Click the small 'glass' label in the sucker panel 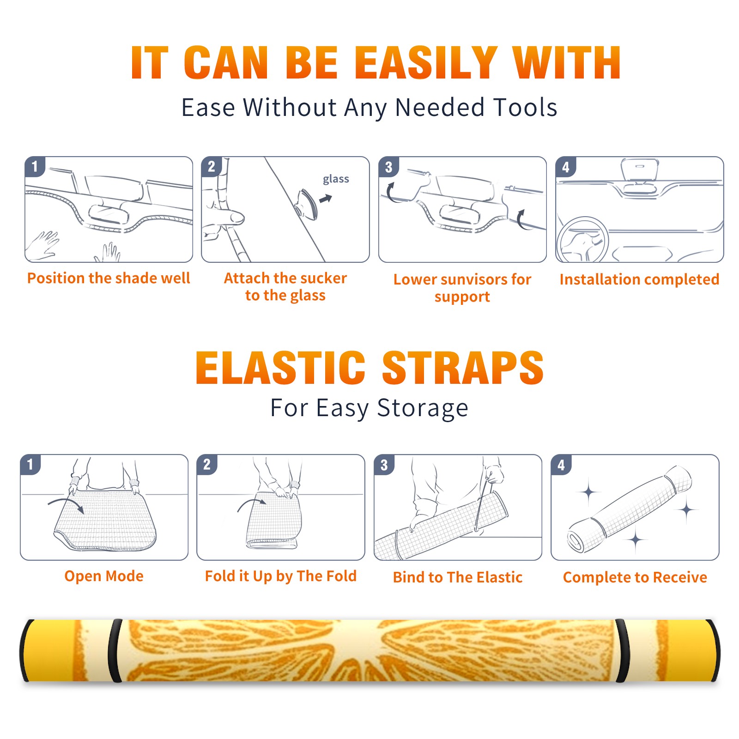[336, 179]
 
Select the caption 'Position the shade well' [109, 278]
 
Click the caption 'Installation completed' [639, 279]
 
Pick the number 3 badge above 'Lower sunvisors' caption [388, 167]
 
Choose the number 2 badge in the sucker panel [212, 166]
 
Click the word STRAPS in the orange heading [463, 368]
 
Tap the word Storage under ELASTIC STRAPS [423, 408]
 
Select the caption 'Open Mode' [104, 576]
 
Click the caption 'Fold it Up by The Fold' [281, 576]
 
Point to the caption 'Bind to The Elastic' [458, 577]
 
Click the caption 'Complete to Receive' [635, 577]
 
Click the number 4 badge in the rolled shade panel [561, 465]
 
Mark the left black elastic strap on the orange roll [115, 650]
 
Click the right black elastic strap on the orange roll [622, 650]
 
